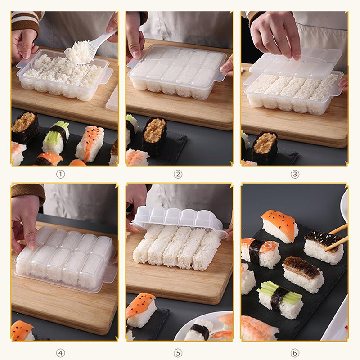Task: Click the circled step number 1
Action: point(61,175)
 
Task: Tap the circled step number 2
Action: point(178,175)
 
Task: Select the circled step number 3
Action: point(295,175)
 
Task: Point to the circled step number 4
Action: point(61,353)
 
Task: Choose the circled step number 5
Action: point(178,353)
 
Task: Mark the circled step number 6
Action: point(295,353)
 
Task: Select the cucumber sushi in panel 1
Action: point(56,137)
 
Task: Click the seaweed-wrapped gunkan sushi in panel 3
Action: point(265,147)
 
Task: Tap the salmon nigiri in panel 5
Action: point(142,310)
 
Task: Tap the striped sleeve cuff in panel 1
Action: point(25,22)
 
